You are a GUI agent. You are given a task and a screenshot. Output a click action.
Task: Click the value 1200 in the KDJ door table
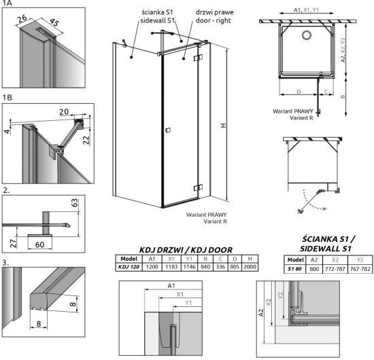tap(152, 267)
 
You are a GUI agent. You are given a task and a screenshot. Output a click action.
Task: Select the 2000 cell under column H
tap(250, 267)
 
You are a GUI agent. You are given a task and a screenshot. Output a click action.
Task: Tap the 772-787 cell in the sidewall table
tap(335, 269)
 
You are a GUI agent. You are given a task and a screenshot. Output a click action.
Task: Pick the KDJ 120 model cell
tap(129, 267)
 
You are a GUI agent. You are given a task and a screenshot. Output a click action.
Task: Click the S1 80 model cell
tap(294, 269)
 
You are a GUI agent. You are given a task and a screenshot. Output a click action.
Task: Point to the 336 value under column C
tap(220, 267)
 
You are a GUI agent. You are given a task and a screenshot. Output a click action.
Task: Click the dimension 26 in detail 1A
tap(22, 18)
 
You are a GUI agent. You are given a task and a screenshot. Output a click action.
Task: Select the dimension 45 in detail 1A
tap(54, 23)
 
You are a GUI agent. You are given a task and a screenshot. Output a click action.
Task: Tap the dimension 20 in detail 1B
tap(64, 111)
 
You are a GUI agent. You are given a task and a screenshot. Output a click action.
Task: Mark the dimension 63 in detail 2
tap(75, 202)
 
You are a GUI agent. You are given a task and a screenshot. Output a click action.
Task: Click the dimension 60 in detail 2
tap(39, 245)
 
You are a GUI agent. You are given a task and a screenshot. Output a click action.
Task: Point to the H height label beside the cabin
tap(223, 126)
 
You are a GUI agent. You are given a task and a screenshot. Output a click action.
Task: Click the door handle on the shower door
tap(168, 130)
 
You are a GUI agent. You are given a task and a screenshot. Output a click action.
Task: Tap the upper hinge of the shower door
tap(198, 58)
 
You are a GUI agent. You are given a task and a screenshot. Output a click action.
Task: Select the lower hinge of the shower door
tap(198, 188)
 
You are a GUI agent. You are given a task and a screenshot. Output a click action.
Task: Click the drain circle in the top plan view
tap(306, 35)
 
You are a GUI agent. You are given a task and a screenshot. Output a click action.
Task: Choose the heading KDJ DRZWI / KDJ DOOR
tap(186, 250)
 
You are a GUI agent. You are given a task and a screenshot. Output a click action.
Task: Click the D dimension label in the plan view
tap(299, 92)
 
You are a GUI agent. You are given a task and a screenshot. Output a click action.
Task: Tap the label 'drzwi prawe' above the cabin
tap(214, 12)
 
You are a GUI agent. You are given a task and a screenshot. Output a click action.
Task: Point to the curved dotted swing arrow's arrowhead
tap(324, 209)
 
